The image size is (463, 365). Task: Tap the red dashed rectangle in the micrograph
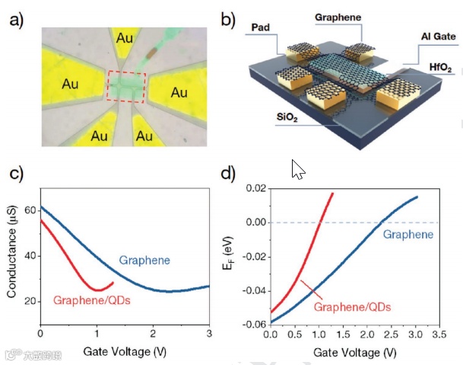124,86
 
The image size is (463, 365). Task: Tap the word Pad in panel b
262,27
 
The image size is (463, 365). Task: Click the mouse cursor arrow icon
297,170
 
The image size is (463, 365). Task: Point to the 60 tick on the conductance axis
31,210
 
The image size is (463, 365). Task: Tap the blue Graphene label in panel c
144,261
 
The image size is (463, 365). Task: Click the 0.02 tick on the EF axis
255,188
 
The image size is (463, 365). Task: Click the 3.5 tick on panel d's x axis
437,335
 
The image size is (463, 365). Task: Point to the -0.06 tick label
254,323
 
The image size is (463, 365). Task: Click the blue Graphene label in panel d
408,235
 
